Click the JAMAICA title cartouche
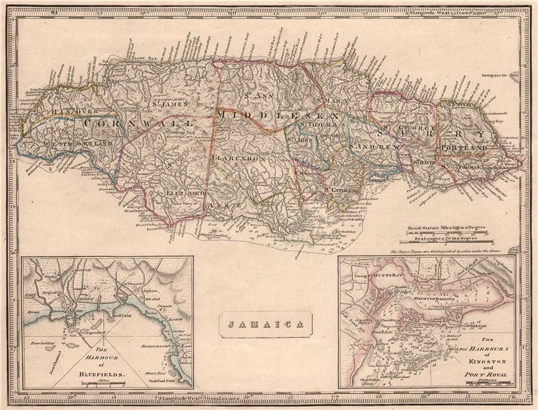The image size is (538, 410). coord(266,325)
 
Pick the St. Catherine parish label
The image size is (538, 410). coord(342,189)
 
